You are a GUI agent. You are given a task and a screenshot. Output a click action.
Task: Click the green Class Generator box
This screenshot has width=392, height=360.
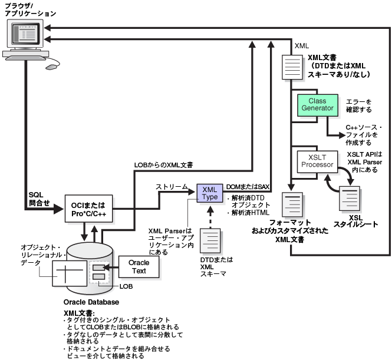tap(318, 105)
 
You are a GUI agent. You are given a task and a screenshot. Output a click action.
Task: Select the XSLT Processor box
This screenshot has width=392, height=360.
tap(317, 161)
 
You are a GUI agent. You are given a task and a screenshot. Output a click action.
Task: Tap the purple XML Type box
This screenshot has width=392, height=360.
tap(210, 193)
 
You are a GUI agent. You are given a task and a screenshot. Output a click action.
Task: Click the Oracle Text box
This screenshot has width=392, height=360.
tap(139, 267)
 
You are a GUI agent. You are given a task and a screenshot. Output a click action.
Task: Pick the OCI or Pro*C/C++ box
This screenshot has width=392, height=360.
tap(88, 209)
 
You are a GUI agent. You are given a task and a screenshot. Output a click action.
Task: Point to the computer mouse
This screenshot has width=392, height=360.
tap(51, 67)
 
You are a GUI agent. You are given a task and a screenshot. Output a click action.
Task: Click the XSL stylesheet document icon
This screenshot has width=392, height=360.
tap(350, 199)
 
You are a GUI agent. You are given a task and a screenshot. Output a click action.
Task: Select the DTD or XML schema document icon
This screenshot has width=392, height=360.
tap(210, 240)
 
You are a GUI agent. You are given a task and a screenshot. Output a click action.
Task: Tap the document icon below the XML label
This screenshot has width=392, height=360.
tap(292, 67)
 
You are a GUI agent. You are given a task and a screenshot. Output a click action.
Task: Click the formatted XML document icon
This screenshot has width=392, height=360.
tap(292, 204)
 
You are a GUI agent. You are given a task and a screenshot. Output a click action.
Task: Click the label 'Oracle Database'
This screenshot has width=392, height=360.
tap(91, 302)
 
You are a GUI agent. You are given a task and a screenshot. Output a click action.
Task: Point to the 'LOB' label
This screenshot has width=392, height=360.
tap(126, 286)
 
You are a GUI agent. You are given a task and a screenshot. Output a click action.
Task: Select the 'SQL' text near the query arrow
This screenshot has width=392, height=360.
tap(36, 195)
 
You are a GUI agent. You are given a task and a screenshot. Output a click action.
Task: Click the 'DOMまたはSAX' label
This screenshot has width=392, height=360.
tap(248, 187)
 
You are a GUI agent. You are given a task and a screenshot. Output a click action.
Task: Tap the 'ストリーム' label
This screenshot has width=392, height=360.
tap(172, 186)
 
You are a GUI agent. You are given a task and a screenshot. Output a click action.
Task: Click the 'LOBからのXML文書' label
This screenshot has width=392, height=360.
tap(163, 165)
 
